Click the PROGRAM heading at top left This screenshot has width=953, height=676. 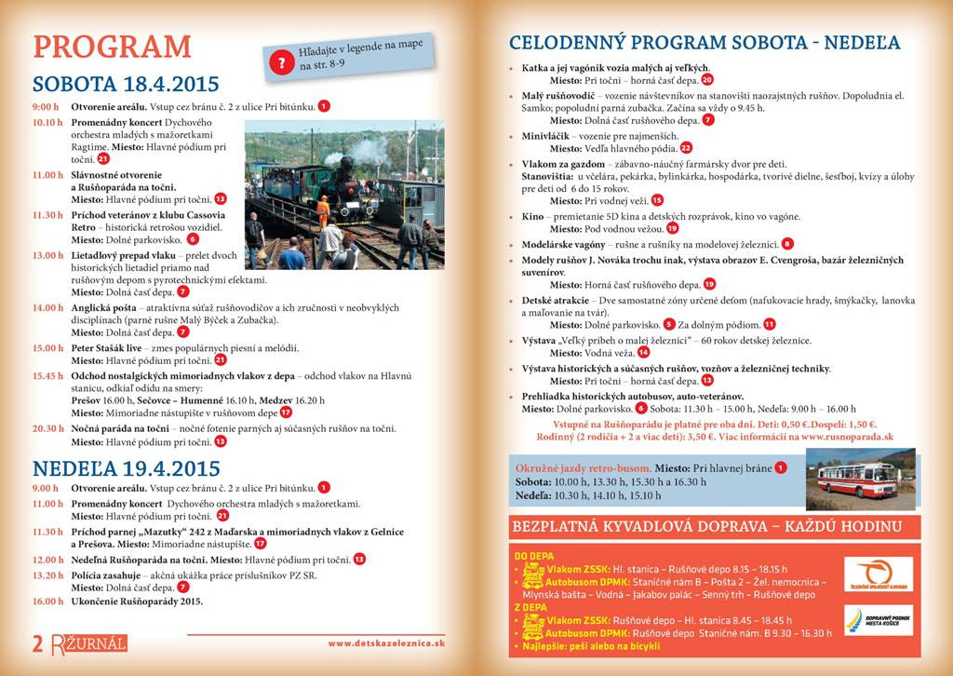coord(112,47)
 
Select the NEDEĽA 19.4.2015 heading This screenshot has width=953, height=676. coord(127,466)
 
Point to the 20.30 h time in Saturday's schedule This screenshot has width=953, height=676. coord(47,428)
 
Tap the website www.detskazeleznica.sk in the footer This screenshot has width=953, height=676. coord(386,642)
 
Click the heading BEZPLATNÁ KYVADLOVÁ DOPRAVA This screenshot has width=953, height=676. coord(706,527)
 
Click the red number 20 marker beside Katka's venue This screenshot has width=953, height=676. coord(706,80)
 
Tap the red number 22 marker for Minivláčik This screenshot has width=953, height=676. coord(686,148)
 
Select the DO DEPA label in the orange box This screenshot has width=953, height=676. coord(531,555)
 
